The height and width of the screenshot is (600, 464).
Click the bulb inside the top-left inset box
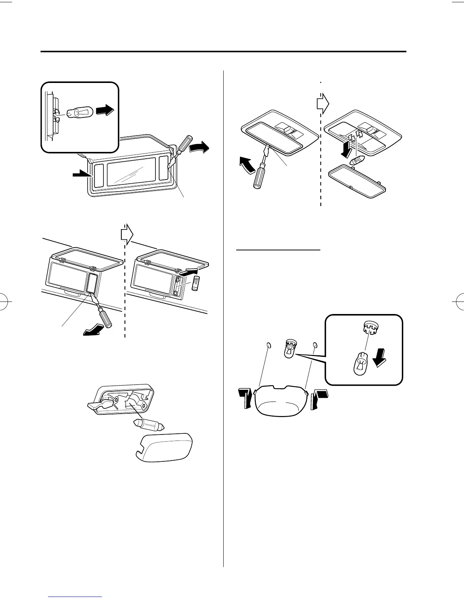tap(78, 113)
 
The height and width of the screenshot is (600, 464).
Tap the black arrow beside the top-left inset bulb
tap(104, 111)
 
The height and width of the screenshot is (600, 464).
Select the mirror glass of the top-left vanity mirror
tap(131, 172)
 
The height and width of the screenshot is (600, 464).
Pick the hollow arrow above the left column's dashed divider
tap(127, 234)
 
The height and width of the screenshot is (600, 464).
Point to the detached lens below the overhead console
tap(356, 183)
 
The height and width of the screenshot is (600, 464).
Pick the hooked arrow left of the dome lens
tap(245, 398)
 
